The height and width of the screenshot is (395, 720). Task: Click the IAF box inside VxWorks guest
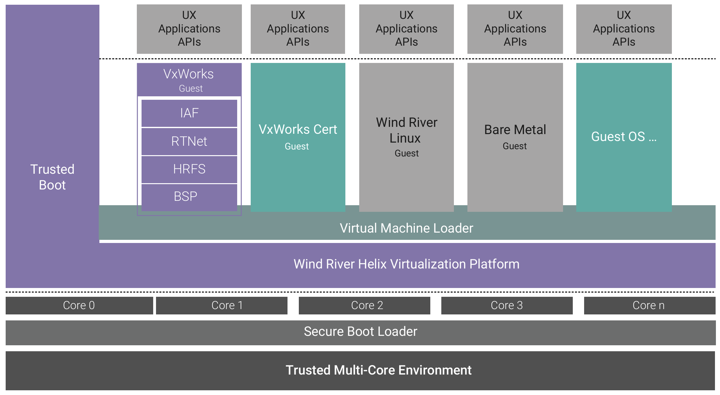[x=189, y=113]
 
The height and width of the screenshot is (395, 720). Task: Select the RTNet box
[x=189, y=141]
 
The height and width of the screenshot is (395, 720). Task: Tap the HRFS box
[x=189, y=169]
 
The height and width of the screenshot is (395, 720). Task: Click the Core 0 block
[x=79, y=305]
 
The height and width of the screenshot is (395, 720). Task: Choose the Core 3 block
[x=507, y=305]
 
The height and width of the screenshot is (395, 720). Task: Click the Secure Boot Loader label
[x=360, y=332]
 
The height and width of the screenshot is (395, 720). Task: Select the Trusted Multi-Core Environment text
[x=378, y=370]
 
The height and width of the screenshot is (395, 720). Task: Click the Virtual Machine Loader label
[x=406, y=228]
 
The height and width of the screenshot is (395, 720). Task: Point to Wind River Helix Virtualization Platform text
[x=406, y=264]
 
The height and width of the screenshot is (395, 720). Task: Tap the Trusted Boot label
[x=52, y=177]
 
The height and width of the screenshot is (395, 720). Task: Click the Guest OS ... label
[x=623, y=137]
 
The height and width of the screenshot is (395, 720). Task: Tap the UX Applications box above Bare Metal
[x=515, y=29]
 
